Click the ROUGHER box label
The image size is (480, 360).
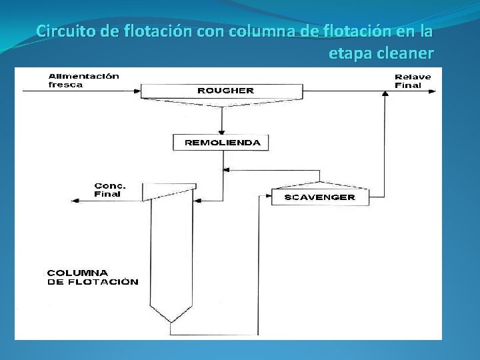point(225,90)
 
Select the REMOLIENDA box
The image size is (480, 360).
point(221,143)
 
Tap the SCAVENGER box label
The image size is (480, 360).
point(320,197)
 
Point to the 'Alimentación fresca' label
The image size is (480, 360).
point(83,80)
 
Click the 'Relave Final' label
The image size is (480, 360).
point(413,81)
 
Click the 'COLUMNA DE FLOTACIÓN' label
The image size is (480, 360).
point(93,277)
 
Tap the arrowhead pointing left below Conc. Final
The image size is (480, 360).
point(73,199)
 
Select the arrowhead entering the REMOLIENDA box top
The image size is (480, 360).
point(221,131)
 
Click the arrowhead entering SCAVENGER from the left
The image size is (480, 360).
point(267,196)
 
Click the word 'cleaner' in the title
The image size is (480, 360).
point(405,53)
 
